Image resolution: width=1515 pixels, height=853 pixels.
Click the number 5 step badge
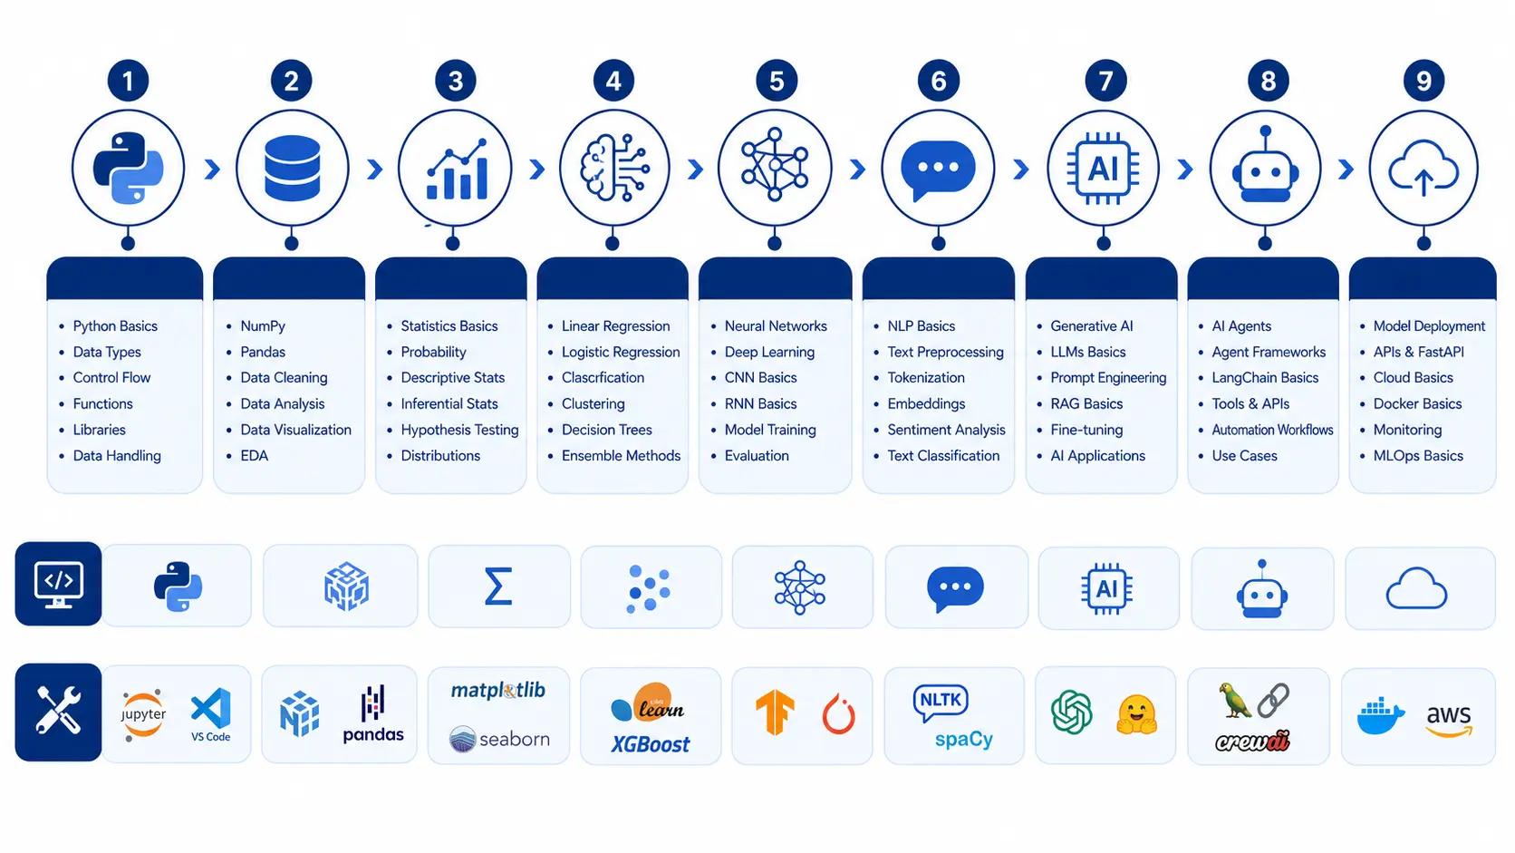pyautogui.click(x=777, y=82)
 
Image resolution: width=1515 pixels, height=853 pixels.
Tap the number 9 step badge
pyautogui.click(x=1423, y=82)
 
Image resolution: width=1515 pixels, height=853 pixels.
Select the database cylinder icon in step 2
pyautogui.click(x=292, y=168)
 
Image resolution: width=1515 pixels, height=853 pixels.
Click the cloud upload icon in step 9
pyautogui.click(x=1423, y=169)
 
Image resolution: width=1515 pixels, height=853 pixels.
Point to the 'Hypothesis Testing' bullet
pyautogui.click(x=459, y=430)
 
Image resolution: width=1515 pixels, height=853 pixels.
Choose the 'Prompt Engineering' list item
pyautogui.click(x=1108, y=377)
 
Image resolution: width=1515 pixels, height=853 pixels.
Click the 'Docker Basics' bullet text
pyautogui.click(x=1417, y=404)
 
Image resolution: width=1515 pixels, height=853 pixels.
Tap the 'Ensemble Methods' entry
pyautogui.click(x=621, y=456)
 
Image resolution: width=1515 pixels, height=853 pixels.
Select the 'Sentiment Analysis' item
pyautogui.click(x=946, y=430)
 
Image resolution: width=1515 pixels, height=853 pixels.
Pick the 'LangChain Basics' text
pyautogui.click(x=1265, y=377)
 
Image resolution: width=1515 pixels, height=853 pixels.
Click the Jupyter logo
pyautogui.click(x=142, y=714)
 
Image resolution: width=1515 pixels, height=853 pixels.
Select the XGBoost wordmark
pyautogui.click(x=650, y=744)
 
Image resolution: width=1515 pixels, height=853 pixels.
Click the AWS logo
pyautogui.click(x=1449, y=720)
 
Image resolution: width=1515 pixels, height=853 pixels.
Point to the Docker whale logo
pyautogui.click(x=1380, y=717)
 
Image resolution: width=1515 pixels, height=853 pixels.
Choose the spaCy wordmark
pyautogui.click(x=964, y=740)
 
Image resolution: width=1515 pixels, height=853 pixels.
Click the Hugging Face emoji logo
pyautogui.click(x=1136, y=714)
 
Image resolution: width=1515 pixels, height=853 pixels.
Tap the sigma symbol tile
pyautogui.click(x=497, y=586)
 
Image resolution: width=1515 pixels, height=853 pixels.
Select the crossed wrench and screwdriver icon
pyautogui.click(x=58, y=711)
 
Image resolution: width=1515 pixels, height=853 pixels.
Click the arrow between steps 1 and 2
pyautogui.click(x=212, y=169)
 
